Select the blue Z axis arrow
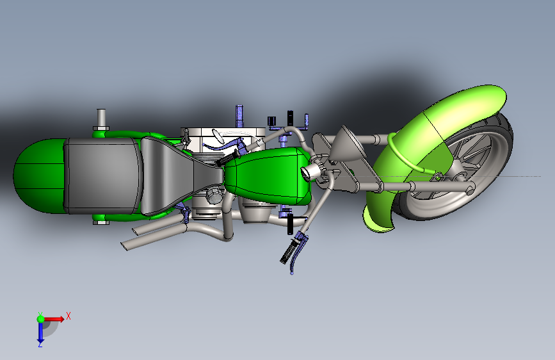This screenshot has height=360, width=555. pyautogui.click(x=40, y=331)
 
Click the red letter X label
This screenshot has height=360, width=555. pyautogui.click(x=68, y=316)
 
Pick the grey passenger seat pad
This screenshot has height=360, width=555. pyautogui.click(x=102, y=175)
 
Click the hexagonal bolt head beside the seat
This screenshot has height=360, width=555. pyautogui.click(x=101, y=223)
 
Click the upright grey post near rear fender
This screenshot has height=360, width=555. pyautogui.click(x=101, y=118)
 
